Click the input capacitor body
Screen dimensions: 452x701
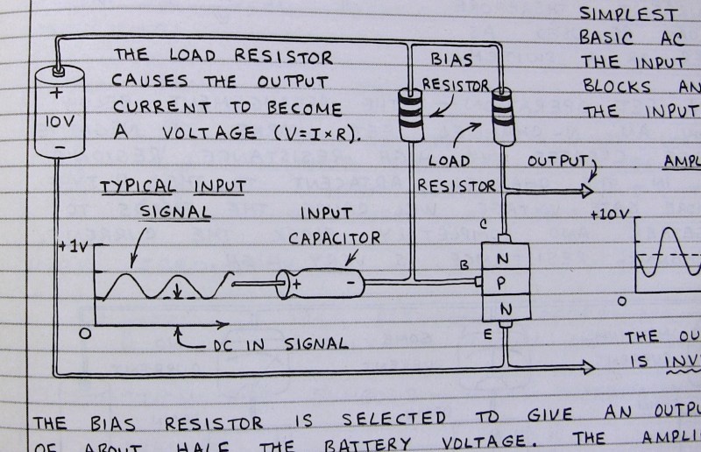click(320, 283)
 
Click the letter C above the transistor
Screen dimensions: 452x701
click(484, 224)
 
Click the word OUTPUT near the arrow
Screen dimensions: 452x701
click(558, 164)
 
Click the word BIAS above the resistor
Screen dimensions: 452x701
click(452, 60)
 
